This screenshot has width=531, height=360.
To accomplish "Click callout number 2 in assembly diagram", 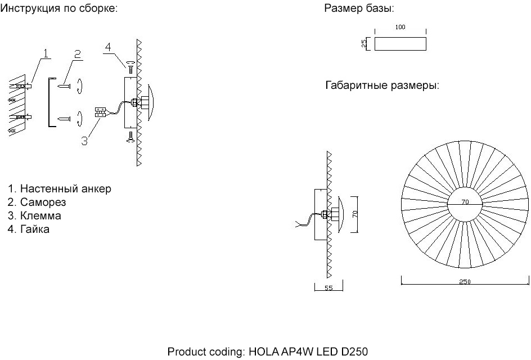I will click(x=78, y=53).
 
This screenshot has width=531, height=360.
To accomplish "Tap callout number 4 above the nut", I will click(x=115, y=47).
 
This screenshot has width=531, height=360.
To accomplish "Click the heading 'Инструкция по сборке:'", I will click(x=58, y=9).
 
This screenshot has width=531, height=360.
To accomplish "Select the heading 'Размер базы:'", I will click(x=359, y=9).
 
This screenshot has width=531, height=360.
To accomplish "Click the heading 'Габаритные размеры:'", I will click(x=381, y=86).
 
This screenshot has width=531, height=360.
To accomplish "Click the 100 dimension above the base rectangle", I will click(x=400, y=27).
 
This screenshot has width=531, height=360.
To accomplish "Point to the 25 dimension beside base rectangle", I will click(x=364, y=43).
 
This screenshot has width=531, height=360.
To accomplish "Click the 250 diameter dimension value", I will click(x=465, y=282).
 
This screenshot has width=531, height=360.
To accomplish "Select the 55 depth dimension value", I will click(x=328, y=288).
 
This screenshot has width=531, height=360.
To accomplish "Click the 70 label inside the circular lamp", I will click(x=465, y=201).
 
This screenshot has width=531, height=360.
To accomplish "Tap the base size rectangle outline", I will click(x=400, y=44).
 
